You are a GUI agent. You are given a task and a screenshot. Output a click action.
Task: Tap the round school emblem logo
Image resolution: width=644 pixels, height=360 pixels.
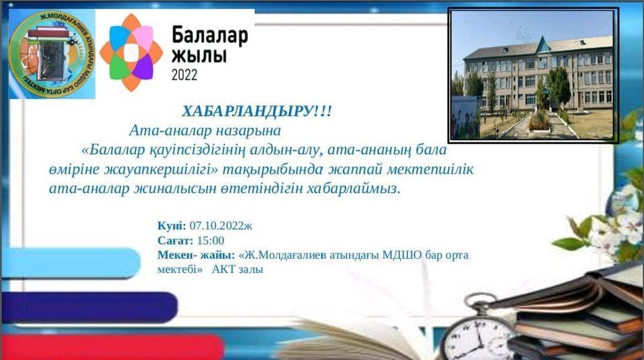click(52, 54)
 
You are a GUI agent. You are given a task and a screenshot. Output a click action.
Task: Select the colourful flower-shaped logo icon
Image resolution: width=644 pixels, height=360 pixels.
click(131, 52)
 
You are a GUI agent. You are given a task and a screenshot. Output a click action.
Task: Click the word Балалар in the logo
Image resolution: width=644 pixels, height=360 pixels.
click(209, 35)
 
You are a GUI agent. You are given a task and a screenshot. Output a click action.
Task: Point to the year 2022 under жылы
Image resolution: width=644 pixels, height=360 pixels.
click(184, 74)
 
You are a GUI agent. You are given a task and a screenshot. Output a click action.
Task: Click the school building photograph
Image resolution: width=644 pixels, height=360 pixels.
click(533, 75)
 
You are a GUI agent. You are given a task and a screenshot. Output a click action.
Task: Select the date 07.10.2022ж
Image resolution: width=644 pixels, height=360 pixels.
click(221, 226)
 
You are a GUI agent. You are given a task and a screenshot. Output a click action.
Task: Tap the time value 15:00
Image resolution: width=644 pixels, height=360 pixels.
click(211, 241)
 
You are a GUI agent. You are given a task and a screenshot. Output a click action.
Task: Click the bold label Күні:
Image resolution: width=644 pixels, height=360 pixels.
click(172, 226)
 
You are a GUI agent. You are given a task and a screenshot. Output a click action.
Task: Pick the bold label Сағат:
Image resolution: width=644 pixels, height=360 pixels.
click(176, 241)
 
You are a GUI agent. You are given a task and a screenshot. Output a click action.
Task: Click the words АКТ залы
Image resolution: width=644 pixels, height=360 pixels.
click(237, 269)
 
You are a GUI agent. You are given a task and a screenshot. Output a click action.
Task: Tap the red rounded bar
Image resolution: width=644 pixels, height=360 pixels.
click(111, 347)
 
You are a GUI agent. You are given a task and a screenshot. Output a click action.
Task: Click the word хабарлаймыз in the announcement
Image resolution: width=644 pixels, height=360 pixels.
click(354, 189)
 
